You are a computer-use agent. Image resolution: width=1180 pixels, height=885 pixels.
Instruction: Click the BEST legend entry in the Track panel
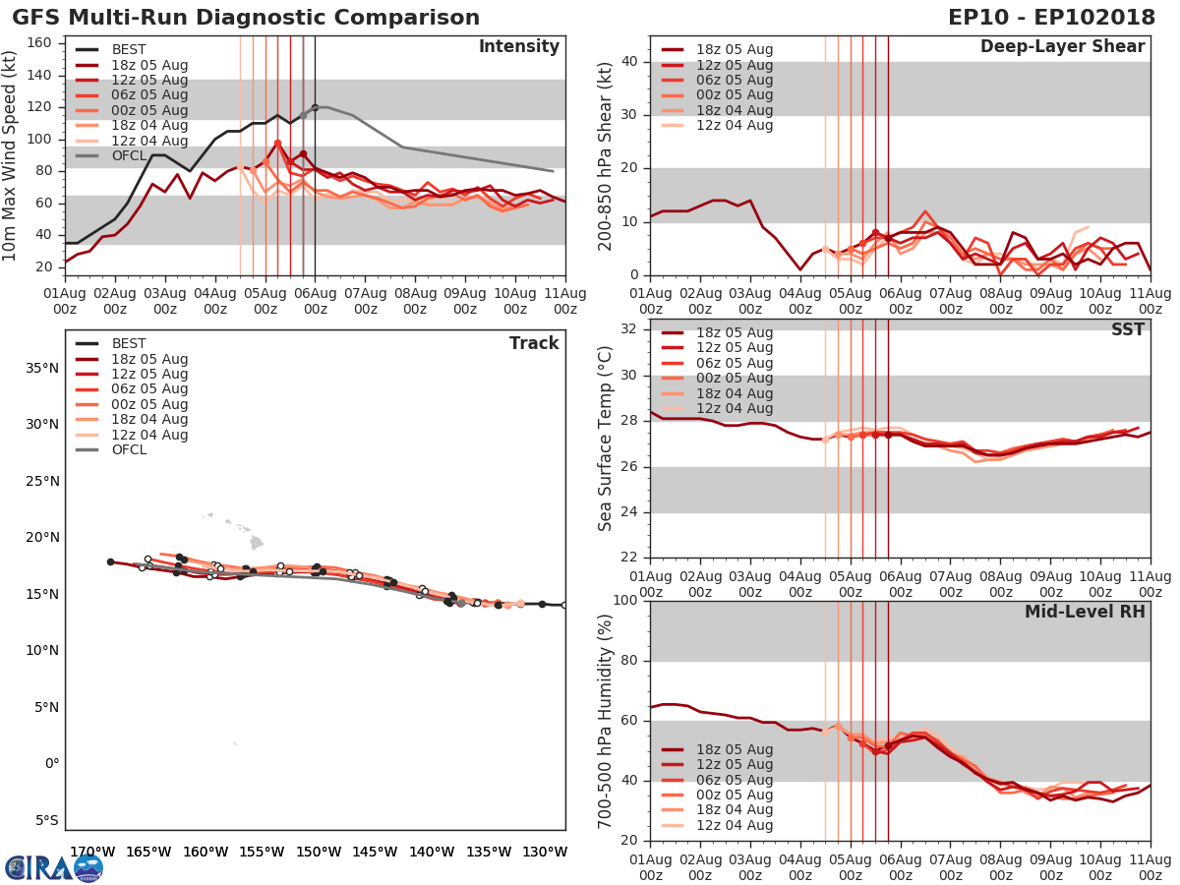(129, 343)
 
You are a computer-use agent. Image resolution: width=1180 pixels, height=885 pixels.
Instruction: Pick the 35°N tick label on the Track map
(42, 369)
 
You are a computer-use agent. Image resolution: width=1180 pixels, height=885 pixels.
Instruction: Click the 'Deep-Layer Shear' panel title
(1062, 47)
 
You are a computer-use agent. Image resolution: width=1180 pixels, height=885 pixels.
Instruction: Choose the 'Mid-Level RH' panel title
(1085, 612)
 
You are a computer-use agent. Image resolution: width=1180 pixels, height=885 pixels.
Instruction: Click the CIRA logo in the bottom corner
(53, 867)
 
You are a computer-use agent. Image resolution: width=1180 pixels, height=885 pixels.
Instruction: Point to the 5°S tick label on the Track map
(44, 820)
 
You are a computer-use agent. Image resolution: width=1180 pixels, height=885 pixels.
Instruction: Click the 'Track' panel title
(533, 343)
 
